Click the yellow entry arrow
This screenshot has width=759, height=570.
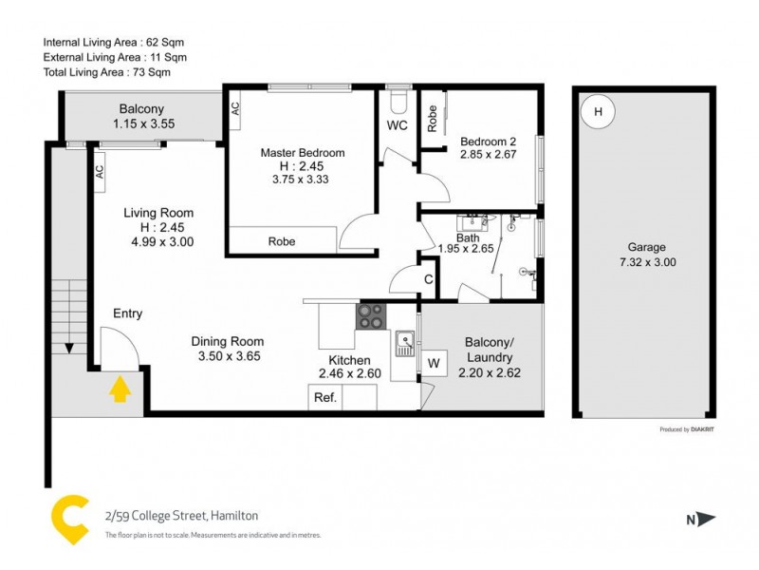click(x=120, y=389)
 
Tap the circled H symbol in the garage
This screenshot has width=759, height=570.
click(x=598, y=112)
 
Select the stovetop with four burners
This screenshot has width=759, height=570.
click(x=371, y=315)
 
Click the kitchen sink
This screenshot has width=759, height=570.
click(x=405, y=340)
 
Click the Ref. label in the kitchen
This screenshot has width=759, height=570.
click(x=324, y=399)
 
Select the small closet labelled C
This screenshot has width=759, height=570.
click(x=429, y=279)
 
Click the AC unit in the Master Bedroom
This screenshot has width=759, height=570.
click(x=235, y=108)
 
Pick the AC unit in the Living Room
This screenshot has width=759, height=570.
click(x=98, y=172)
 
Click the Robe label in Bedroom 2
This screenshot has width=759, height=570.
click(x=433, y=118)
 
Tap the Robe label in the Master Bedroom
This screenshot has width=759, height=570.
click(x=281, y=241)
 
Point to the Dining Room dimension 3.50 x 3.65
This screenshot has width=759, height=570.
click(x=228, y=357)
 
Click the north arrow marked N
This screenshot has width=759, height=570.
click(x=698, y=519)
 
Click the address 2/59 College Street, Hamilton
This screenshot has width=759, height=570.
click(x=181, y=516)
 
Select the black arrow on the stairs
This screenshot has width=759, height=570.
click(x=69, y=347)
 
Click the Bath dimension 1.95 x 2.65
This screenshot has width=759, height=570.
click(x=468, y=249)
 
